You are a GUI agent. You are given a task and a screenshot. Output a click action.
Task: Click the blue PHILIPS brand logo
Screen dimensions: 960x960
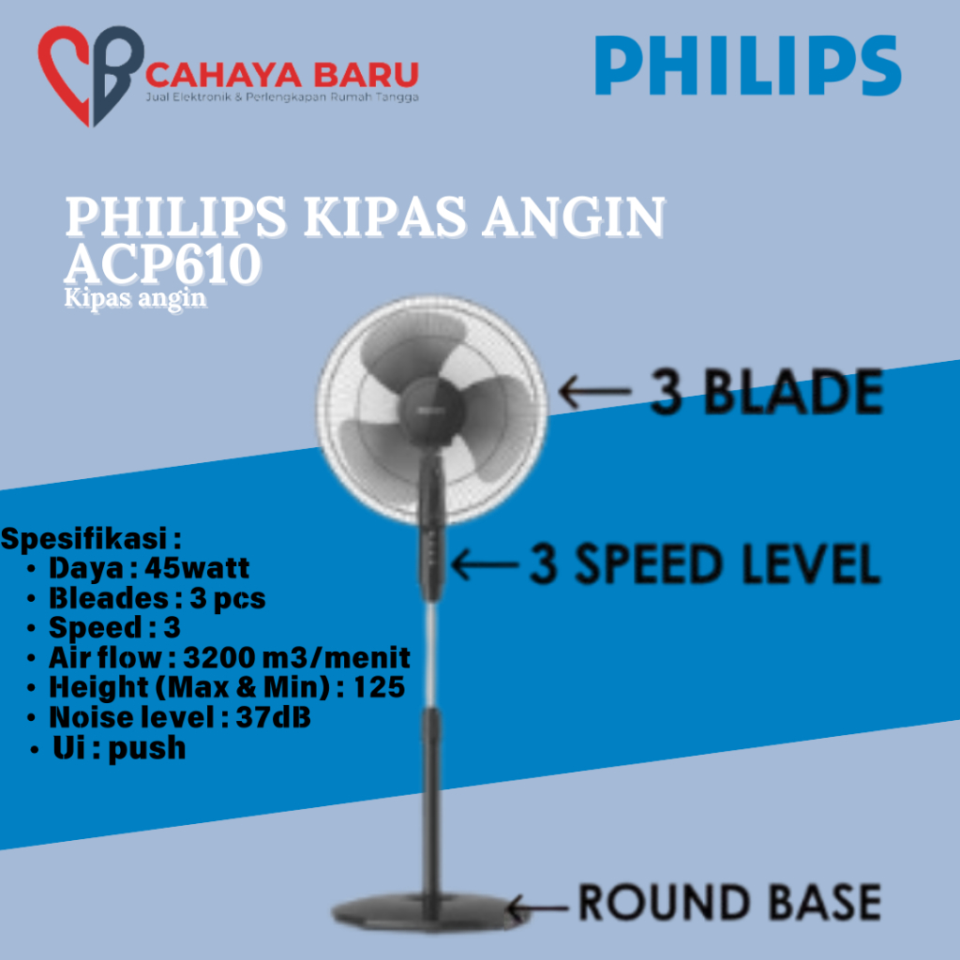point(748,65)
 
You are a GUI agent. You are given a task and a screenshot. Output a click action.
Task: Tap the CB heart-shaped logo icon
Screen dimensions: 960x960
point(91,75)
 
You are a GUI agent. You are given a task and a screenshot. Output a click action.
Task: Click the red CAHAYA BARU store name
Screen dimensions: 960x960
point(282,75)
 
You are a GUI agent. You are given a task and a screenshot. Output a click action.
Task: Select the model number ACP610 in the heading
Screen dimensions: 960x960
point(163,263)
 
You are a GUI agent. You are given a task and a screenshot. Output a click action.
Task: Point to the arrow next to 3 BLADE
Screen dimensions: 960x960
point(594,392)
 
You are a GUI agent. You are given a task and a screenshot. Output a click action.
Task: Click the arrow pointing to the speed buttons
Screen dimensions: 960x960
point(485,563)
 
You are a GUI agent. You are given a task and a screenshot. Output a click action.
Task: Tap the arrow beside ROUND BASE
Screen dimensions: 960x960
point(537,907)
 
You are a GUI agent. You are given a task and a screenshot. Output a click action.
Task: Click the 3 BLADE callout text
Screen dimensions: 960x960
point(767,392)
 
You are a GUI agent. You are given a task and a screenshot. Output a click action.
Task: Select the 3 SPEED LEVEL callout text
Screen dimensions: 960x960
point(705,563)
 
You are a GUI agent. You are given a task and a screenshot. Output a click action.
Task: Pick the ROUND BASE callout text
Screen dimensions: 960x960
point(729,902)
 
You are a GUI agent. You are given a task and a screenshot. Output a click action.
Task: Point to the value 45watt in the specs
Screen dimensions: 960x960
point(197,568)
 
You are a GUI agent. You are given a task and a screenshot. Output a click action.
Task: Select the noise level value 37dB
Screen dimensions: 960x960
point(274,717)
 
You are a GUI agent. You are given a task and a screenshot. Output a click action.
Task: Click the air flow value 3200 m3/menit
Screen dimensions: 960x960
point(297,657)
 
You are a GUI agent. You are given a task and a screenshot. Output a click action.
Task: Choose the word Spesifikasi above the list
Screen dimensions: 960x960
point(83,539)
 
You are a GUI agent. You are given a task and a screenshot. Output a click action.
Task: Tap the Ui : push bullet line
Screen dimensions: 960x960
point(108,748)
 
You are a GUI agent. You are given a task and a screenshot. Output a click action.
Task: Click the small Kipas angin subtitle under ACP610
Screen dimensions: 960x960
point(135,298)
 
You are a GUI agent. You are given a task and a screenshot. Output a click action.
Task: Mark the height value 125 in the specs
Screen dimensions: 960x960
point(380,687)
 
